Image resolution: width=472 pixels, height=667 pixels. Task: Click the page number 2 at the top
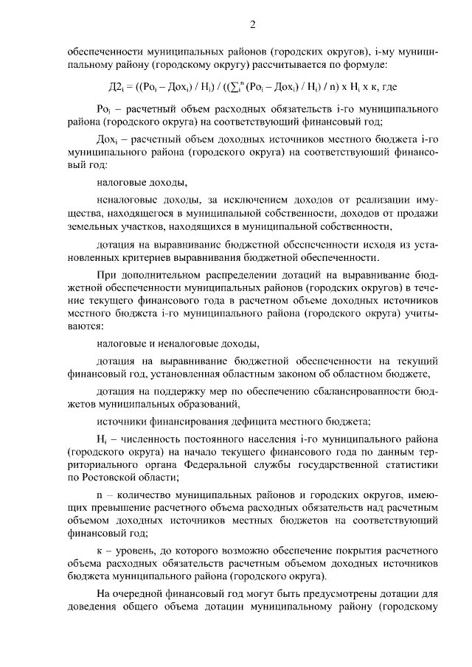(x=251, y=25)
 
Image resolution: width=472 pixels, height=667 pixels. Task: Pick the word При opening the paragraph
(x=105, y=274)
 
